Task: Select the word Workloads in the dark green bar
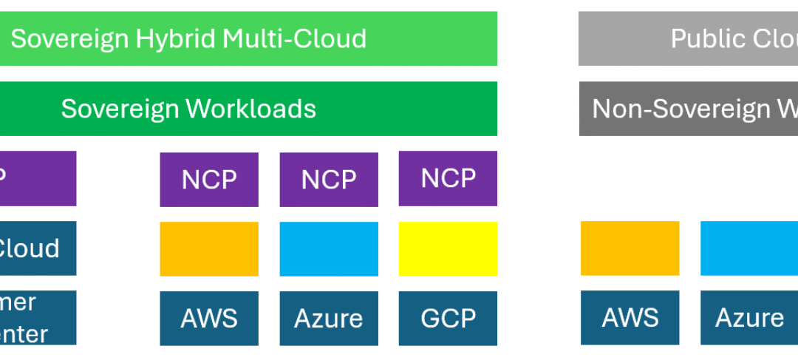coord(250,109)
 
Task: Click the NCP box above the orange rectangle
coord(209,180)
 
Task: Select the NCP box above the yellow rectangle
coord(448,178)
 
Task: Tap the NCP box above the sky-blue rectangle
coord(329,180)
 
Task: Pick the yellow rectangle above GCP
coord(448,249)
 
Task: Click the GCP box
coord(448,319)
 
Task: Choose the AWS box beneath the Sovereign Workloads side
coord(209,319)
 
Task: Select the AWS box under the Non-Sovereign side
coord(630,318)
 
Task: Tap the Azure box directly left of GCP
coord(329,319)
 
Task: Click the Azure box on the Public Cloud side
coord(748,318)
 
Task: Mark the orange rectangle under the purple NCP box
coord(209,249)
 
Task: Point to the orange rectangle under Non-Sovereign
coord(630,248)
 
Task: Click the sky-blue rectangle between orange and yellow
coord(329,249)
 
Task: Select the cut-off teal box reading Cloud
coord(37,248)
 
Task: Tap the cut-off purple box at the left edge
coord(37,178)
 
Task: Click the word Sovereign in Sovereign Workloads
coord(120,109)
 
